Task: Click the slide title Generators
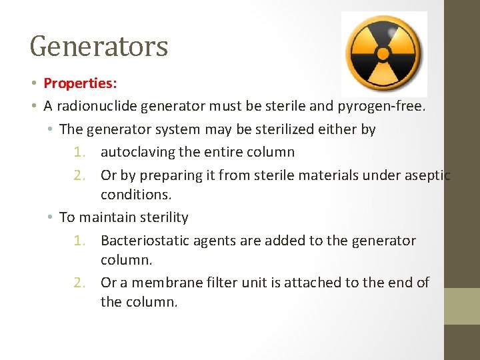tap(99, 47)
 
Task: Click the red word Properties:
tap(80, 83)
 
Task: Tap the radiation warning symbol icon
tap(383, 53)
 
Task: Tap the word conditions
tap(136, 195)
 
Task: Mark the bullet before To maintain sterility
tap(51, 218)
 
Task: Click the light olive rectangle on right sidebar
tap(462, 306)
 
